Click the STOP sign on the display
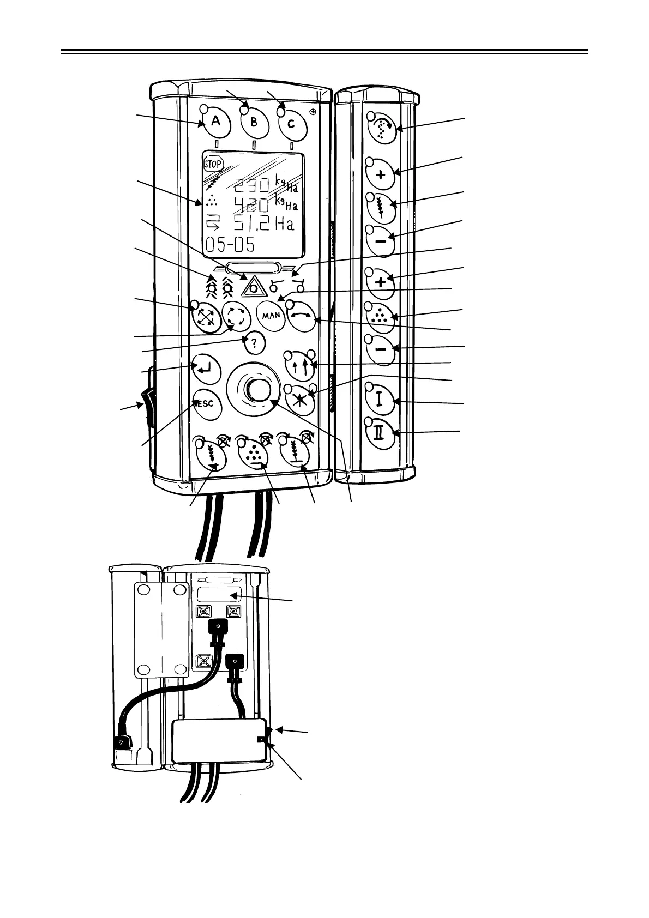(213, 164)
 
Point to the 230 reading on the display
(251, 186)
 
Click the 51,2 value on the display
(257, 224)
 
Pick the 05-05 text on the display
(230, 244)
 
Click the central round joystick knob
(257, 389)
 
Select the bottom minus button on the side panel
(381, 349)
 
